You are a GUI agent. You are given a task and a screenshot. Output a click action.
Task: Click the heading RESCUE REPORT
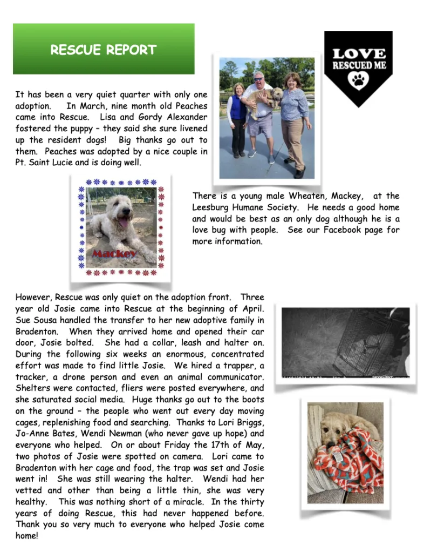coord(104,50)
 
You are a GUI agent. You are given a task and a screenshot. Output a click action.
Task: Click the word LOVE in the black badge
coord(359,53)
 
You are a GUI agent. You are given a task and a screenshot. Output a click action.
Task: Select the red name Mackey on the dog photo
coord(114,254)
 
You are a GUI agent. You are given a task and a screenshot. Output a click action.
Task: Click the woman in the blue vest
coord(237,119)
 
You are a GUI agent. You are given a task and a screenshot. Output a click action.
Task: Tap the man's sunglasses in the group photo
coord(257,79)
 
